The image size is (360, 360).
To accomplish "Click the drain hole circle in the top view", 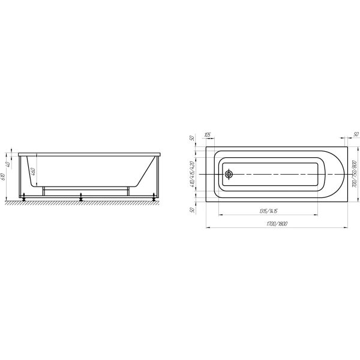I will pyautogui.click(x=229, y=175).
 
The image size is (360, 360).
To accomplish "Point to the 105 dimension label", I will pyautogui.click(x=208, y=135).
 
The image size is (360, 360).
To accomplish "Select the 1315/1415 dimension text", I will pyautogui.click(x=268, y=211).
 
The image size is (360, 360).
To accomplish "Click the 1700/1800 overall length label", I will pyautogui.click(x=276, y=224).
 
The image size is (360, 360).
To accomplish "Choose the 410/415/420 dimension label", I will pyautogui.click(x=193, y=175).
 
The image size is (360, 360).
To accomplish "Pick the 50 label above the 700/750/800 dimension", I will pyautogui.click(x=355, y=134).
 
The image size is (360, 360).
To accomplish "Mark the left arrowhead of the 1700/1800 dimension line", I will pyautogui.click(x=208, y=228).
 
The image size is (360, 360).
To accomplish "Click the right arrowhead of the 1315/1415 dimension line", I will pyautogui.click(x=317, y=215).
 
